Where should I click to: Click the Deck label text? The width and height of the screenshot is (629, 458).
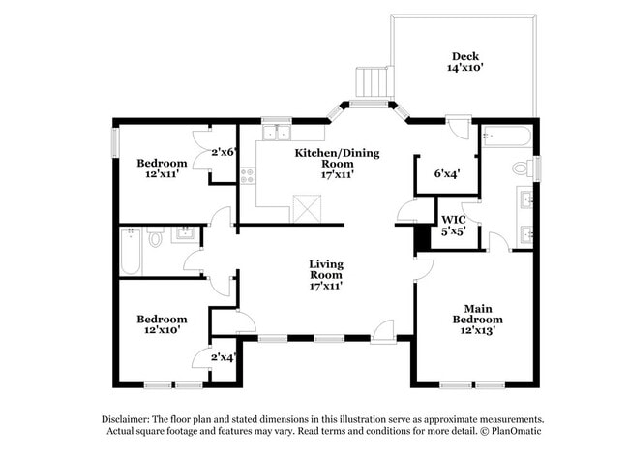(x=465, y=61)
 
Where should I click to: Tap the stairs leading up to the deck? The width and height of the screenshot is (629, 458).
(x=371, y=80)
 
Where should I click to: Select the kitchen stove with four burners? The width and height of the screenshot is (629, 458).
(x=247, y=175)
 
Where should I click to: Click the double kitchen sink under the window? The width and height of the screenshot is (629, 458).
(x=277, y=133)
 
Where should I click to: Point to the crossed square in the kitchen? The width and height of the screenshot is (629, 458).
(x=307, y=205)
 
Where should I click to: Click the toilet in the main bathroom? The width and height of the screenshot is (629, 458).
(x=521, y=168)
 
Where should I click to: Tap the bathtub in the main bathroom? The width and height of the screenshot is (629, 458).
(x=506, y=137)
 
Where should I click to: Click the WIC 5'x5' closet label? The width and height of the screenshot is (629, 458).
(x=453, y=226)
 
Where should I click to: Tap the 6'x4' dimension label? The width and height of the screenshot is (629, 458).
(x=446, y=174)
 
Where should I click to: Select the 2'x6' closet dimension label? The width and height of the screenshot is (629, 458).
(x=224, y=151)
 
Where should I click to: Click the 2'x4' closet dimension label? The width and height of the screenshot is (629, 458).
(x=224, y=357)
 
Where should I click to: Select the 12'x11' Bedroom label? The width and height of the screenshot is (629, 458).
(x=161, y=168)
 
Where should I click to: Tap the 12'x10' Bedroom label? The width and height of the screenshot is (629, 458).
(x=161, y=324)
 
